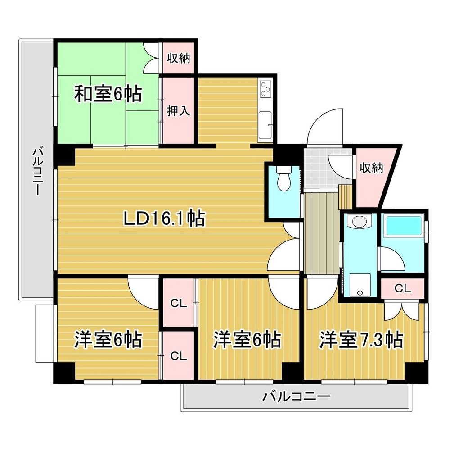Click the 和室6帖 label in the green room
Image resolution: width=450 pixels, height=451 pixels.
click(108, 95)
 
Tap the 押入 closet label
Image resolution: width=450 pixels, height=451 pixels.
click(178, 111)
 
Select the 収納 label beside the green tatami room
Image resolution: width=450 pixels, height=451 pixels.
click(179, 58)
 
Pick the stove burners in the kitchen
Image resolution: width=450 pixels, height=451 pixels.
click(265, 89)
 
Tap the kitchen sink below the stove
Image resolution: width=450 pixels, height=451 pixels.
click(265, 122)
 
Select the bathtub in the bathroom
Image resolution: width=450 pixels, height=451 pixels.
click(402, 225)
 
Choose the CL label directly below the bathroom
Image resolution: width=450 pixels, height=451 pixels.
click(403, 289)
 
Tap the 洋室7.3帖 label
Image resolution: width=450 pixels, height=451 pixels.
click(361, 340)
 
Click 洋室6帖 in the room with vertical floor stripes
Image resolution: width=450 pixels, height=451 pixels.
click(247, 340)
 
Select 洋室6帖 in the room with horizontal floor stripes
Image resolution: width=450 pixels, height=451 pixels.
click(108, 340)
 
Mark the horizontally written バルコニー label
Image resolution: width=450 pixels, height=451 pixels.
click(297, 397)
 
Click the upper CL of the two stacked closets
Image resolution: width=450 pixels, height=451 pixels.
click(178, 304)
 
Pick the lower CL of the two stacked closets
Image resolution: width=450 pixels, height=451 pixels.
click(178, 356)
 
